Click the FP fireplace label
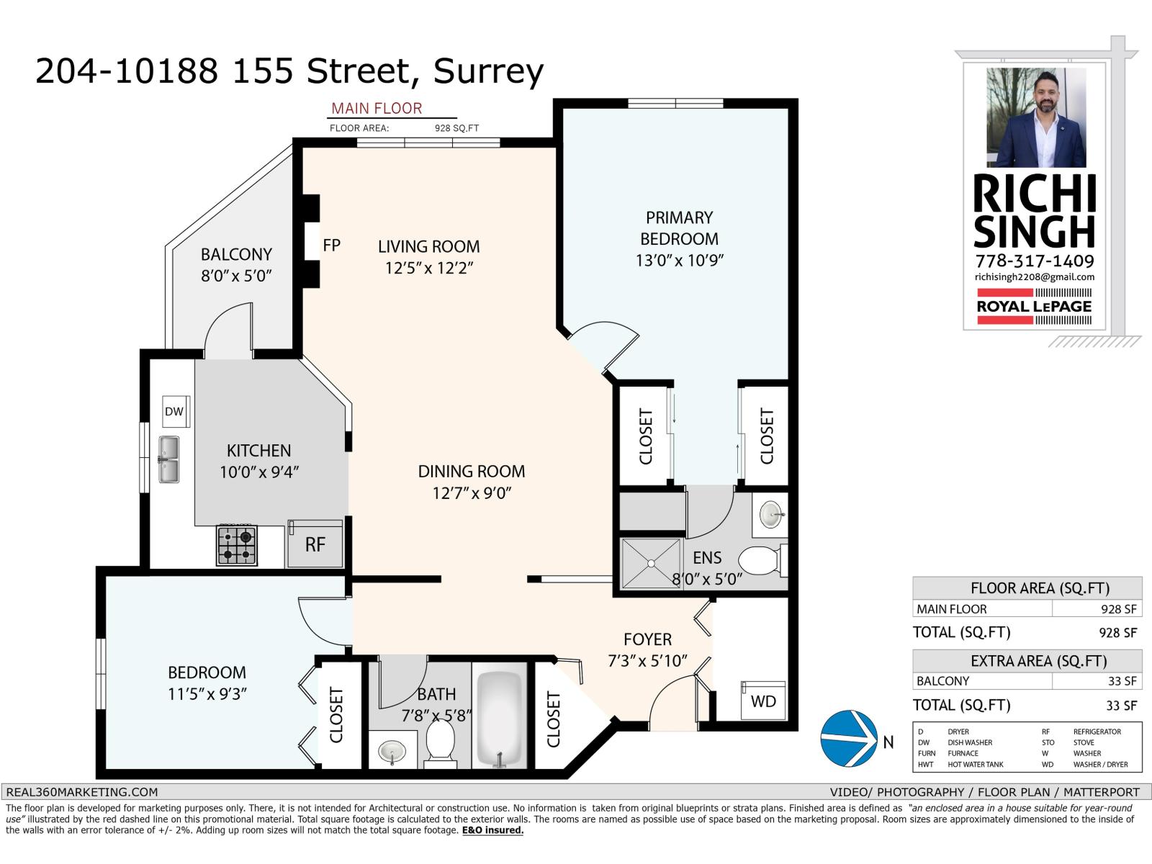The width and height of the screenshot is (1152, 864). pos(331,246)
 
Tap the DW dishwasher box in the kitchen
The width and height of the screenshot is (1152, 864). pos(174,412)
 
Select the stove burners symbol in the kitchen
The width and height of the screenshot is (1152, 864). pos(237,546)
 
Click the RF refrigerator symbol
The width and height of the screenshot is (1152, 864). pos(315,544)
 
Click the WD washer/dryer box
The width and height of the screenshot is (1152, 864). pos(762,700)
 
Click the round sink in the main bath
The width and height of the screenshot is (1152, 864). pos(392,752)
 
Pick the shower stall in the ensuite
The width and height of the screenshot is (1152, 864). pos(651,564)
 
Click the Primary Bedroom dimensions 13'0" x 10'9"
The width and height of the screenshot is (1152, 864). pos(678,261)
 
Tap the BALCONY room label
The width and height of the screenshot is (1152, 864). pos(236,254)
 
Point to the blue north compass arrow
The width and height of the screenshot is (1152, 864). pos(848,737)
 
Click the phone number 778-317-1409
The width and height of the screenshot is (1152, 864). pos(1034,261)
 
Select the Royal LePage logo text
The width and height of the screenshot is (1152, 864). pos(1034,306)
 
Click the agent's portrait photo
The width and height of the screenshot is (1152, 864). pos(1035,117)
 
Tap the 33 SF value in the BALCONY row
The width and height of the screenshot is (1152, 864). pos(1121,681)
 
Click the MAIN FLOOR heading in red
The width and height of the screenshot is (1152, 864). pos(377,109)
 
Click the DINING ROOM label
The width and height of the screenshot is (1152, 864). pos(471,472)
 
